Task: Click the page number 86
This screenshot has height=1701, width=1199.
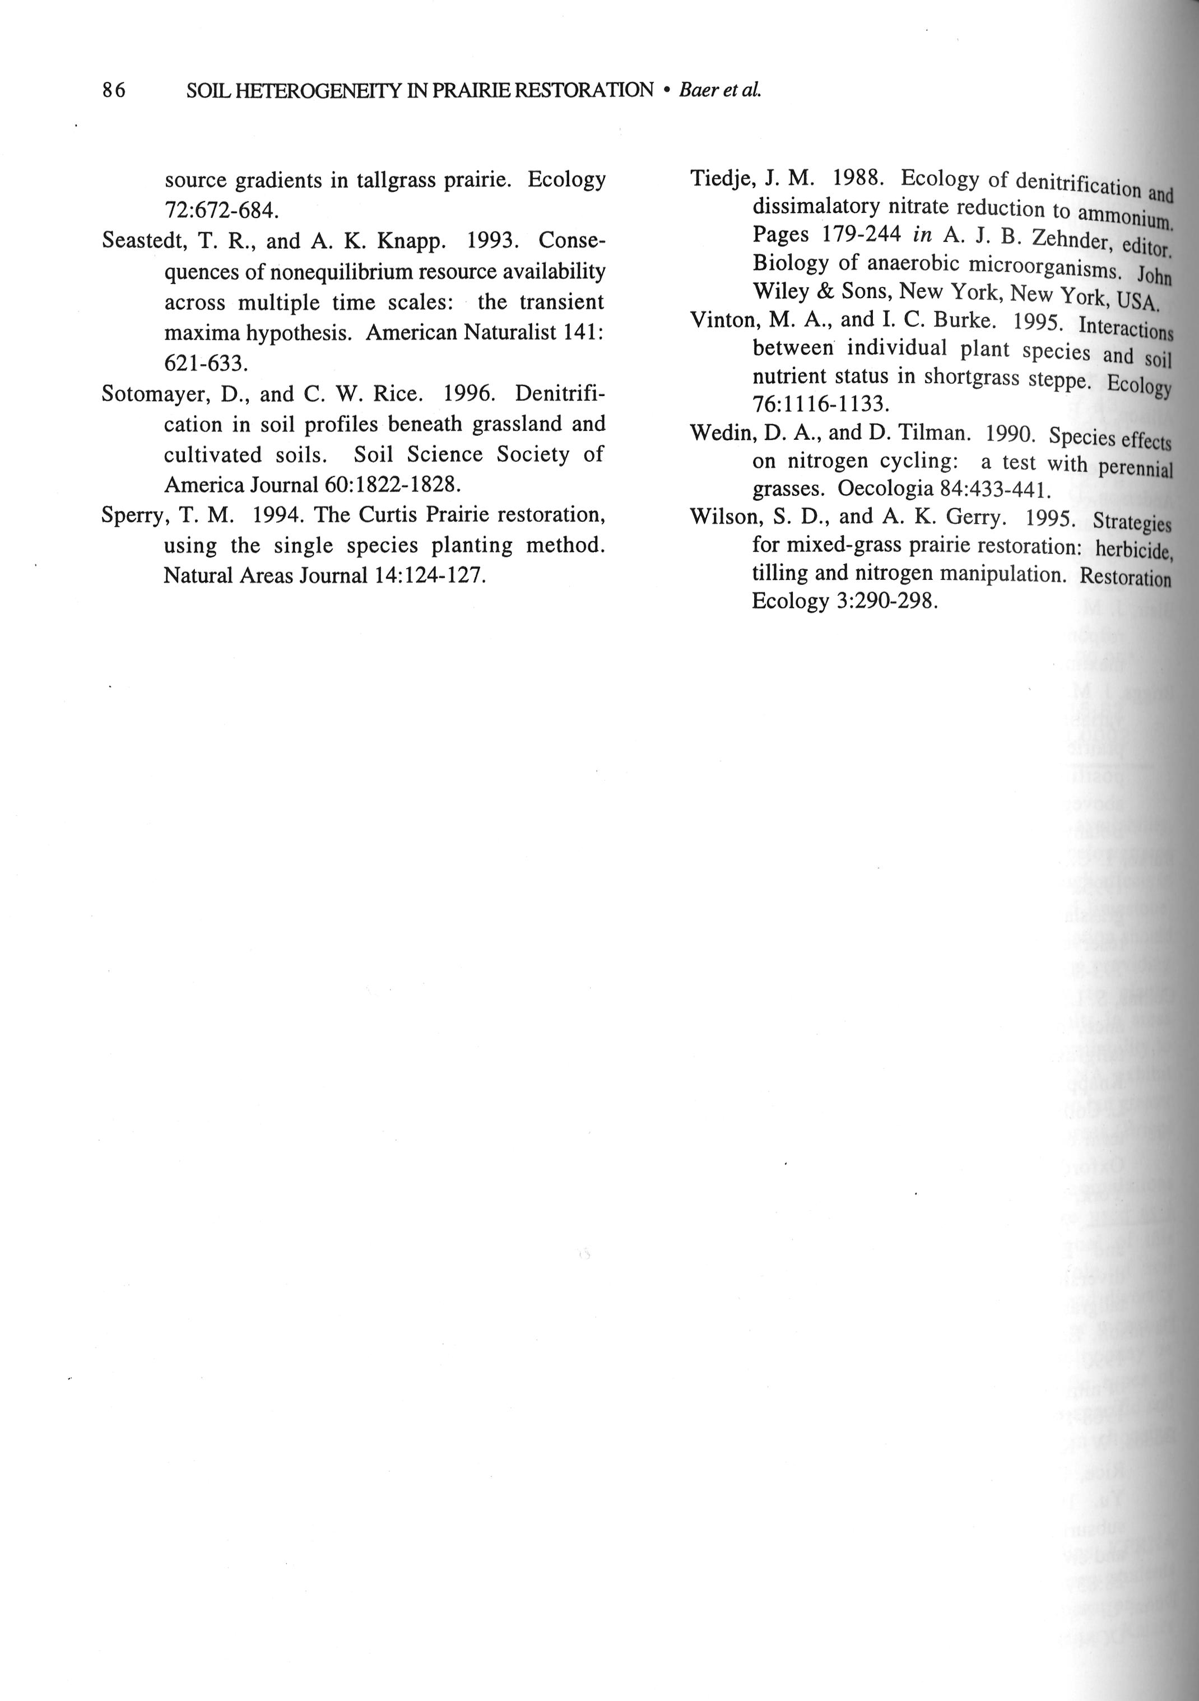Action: click(x=114, y=90)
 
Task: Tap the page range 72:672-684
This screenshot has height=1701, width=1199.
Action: click(x=221, y=211)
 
